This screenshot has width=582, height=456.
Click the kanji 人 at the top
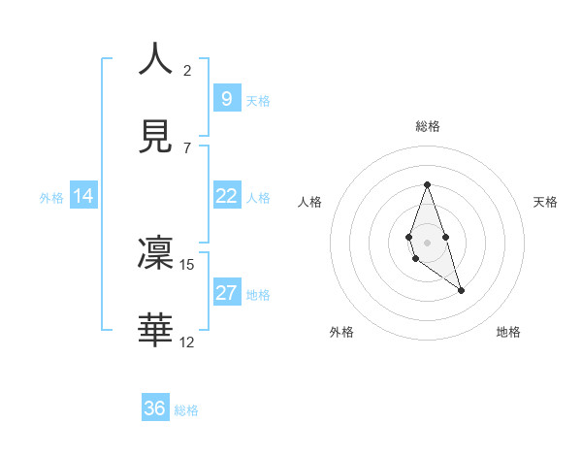pos(155,58)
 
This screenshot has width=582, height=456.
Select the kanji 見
pos(155,137)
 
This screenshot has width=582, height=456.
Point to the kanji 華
pos(155,331)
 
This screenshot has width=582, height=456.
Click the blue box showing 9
pos(226,98)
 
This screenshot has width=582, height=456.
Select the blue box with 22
pos(226,196)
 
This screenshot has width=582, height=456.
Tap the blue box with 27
pos(226,293)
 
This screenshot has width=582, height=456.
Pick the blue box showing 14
pos(83,196)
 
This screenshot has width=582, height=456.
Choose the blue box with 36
pos(155,408)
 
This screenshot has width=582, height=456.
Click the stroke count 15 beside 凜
pos(187,264)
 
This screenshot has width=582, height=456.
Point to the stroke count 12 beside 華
pos(187,342)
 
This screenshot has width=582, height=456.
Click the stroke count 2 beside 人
pos(186,70)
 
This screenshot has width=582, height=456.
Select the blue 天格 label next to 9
pos(258,100)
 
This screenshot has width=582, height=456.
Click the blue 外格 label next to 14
pos(51,197)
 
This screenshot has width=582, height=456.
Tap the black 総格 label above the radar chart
pos(427,126)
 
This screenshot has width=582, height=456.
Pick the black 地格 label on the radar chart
pos(508,333)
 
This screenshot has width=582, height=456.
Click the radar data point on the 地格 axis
pos(461,290)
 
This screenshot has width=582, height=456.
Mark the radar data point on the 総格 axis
pos(427,184)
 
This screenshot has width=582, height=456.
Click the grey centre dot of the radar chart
pos(427,242)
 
